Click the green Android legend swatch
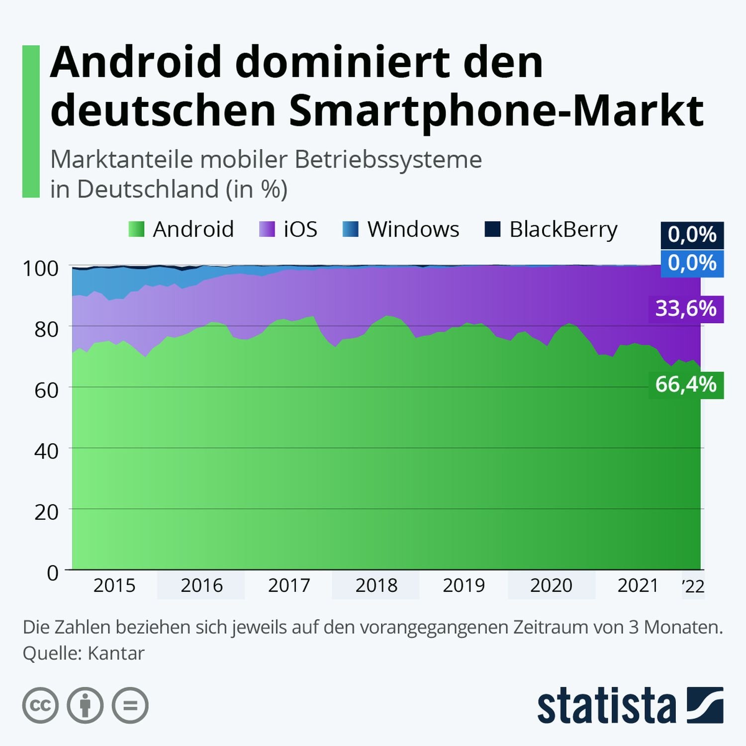coord(136,230)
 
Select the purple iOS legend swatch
coord(267,230)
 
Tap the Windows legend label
coord(413,230)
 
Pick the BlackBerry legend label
coord(563,230)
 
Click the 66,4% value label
coord(686,384)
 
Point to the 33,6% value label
coord(686,309)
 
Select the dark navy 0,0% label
coord(692,235)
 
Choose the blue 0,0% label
coord(692,263)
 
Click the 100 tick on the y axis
coord(41,269)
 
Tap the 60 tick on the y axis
coord(46,390)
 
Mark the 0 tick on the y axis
coord(53,573)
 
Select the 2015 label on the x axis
coord(114,585)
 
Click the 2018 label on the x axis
coord(376,585)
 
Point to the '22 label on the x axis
coord(693,586)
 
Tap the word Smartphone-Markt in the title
coord(496,110)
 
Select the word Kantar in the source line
coord(116,653)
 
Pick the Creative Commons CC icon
coord(40,705)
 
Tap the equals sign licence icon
coord(130,705)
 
